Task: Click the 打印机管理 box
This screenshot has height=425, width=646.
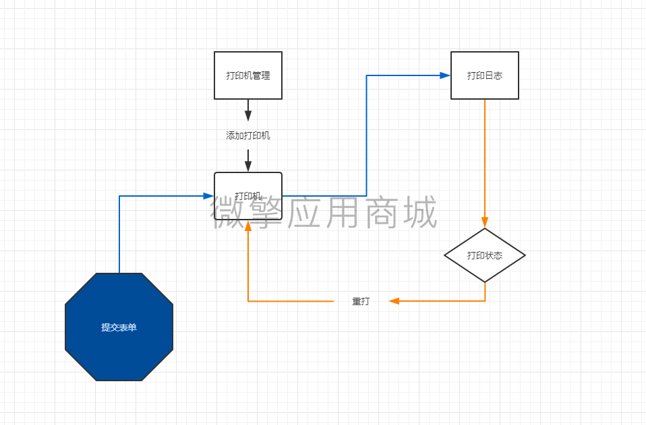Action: point(248,75)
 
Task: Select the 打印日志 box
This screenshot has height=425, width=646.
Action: point(484,75)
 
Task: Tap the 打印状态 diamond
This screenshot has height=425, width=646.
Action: point(484,255)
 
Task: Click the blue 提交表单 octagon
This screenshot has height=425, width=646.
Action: point(119,327)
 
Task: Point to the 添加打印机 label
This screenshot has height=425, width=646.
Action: point(248,135)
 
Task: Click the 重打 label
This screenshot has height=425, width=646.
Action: point(361,301)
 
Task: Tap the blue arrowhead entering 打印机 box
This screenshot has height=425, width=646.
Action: point(208,196)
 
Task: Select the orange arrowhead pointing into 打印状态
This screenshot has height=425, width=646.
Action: point(484,223)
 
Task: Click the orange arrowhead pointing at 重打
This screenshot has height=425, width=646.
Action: point(394,301)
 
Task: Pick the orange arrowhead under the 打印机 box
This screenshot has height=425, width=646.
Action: point(248,226)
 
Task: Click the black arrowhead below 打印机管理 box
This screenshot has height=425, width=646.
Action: point(248,115)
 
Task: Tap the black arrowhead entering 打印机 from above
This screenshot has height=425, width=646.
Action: point(248,166)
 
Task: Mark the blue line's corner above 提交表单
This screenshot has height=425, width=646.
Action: point(119,196)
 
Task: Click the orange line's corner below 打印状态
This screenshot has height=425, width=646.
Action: point(484,301)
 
